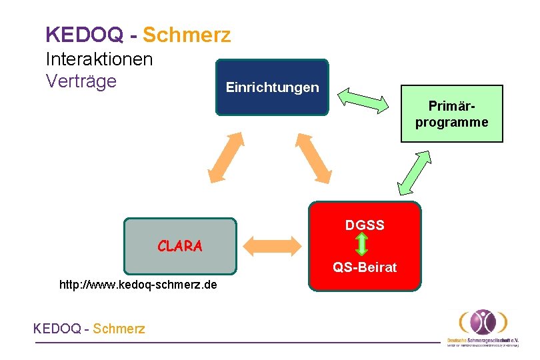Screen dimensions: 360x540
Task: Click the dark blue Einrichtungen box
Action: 272,87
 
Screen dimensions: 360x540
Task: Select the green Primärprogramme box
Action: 451,113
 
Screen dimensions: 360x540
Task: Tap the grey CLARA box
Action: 180,246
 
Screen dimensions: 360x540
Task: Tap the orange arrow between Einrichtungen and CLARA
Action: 226,157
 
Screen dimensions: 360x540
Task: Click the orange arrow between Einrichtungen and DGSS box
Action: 314,158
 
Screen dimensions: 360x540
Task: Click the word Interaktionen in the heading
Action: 99,59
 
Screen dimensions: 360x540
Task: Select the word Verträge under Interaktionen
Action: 81,81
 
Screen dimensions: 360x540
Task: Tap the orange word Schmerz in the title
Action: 187,34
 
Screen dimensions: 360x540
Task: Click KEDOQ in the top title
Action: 85,34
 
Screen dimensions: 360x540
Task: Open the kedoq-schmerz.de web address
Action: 138,285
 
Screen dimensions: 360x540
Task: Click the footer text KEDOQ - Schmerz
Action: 89,329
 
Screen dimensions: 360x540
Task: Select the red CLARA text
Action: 180,246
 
